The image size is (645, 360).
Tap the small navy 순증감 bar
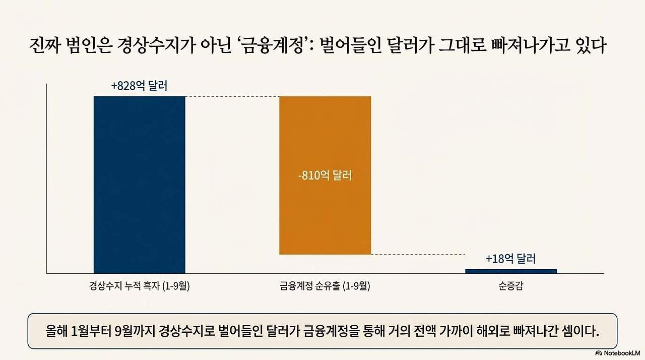510,271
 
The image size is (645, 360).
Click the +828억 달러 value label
139,86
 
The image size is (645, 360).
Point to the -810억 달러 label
325,176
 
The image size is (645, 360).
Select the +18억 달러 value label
510,259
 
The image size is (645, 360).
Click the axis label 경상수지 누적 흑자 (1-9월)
140,287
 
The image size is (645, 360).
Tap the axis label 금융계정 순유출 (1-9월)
325,287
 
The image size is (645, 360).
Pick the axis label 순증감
510,287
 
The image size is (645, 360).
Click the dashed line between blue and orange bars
232,96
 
